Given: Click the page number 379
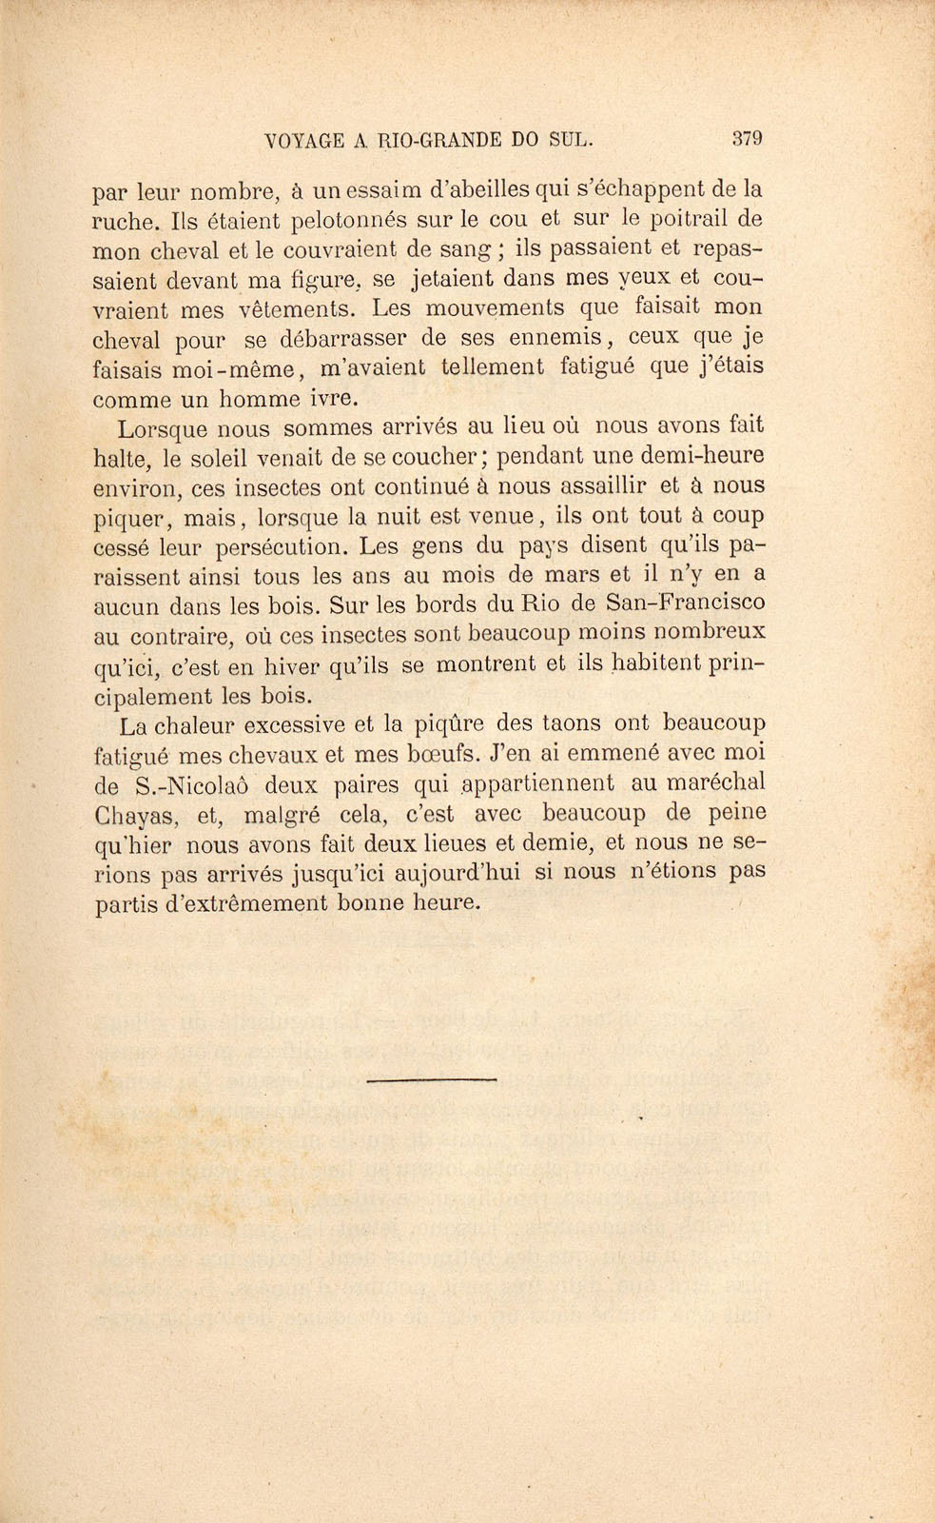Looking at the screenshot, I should (x=748, y=137).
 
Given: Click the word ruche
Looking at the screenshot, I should (x=126, y=222).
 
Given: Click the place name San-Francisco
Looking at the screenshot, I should (x=685, y=603).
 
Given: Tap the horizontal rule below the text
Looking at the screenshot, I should (x=432, y=1079).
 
